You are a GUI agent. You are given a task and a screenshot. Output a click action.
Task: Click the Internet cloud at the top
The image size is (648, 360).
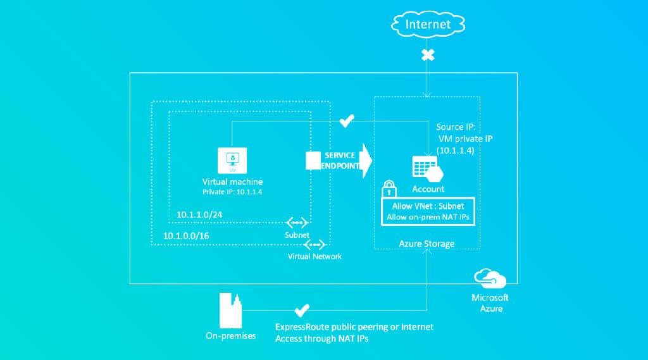(428, 25)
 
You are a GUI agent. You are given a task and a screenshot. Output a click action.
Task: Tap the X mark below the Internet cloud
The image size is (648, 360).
(428, 55)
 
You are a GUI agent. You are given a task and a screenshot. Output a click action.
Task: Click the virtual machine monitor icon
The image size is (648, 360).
(232, 160)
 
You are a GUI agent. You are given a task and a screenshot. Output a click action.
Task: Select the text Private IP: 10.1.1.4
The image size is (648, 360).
(232, 192)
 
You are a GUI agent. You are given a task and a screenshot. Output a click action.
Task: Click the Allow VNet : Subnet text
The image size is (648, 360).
(428, 206)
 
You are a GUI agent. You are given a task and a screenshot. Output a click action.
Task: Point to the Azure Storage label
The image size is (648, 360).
(427, 244)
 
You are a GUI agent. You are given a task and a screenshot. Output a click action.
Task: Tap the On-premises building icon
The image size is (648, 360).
(230, 311)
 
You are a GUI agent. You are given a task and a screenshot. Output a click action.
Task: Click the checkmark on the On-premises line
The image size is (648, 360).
(302, 310)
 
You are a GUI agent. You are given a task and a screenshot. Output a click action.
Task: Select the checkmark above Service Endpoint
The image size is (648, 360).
(346, 121)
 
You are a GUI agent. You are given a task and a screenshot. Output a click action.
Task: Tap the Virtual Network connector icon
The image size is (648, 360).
(315, 245)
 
